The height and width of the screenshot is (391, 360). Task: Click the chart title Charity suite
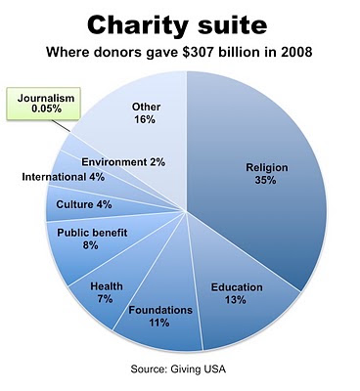tap(177, 26)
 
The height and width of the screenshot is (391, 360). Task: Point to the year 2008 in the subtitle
tap(296, 52)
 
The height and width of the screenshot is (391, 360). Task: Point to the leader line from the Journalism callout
tap(62, 126)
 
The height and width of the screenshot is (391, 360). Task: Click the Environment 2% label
tap(123, 162)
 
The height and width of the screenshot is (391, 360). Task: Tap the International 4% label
tap(64, 177)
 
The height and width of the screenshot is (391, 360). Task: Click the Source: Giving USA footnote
tap(178, 369)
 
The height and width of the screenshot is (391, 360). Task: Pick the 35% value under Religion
tap(265, 180)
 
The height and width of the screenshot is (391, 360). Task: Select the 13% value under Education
tap(236, 300)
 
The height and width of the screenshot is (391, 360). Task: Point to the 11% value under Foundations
tap(159, 323)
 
